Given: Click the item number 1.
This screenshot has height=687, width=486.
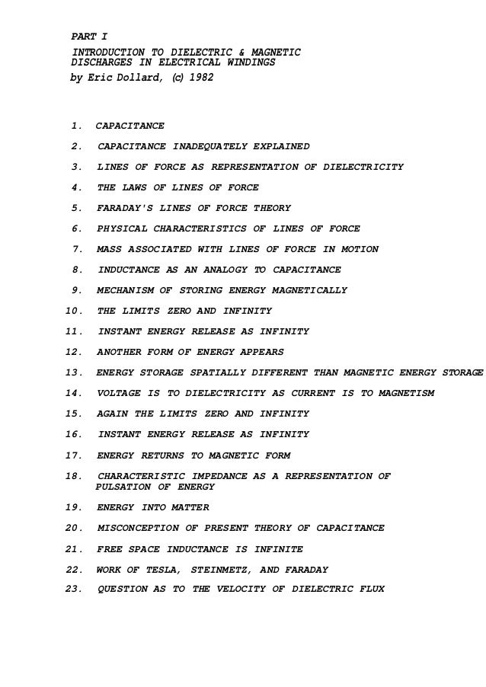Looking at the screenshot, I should tap(76, 126).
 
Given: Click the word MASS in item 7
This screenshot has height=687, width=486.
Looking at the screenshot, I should tap(109, 249).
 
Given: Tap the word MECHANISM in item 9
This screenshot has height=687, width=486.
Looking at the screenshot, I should tap(125, 290).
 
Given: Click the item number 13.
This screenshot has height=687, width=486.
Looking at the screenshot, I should tap(74, 372).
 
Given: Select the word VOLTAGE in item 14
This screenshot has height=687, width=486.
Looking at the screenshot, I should tap(119, 393).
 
